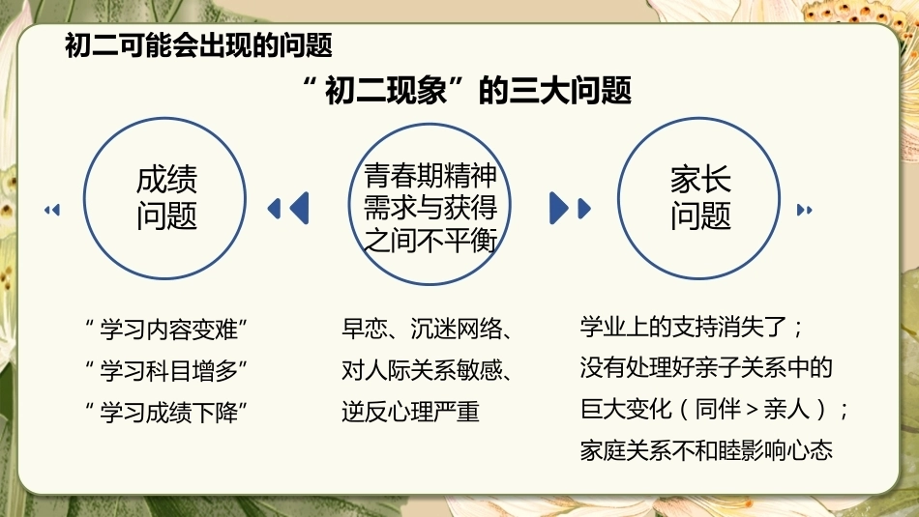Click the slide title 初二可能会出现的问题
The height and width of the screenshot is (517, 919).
198,45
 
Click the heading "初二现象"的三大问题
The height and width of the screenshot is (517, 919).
467,90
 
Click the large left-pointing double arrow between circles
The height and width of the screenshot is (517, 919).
288,208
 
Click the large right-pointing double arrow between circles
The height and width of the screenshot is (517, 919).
571,208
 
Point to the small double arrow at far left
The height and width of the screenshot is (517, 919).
52,210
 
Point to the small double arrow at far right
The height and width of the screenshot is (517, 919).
805,210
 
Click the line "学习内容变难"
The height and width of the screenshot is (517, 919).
166,330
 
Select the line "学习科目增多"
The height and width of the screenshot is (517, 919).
166,371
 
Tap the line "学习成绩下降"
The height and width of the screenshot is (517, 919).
166,413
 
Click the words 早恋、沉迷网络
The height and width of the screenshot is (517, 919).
422,330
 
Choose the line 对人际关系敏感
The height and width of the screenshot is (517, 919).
422,370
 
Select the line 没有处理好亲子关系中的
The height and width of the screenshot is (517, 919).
706,367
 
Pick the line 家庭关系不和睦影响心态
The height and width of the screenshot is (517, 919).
706,449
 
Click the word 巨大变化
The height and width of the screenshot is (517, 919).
626,409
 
